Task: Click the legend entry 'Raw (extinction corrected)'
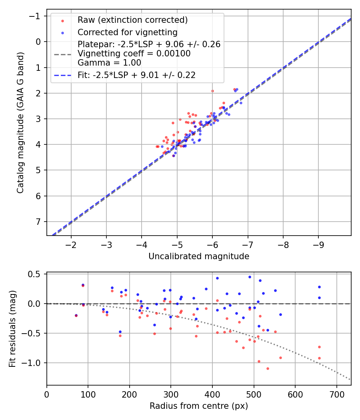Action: pos(132,20)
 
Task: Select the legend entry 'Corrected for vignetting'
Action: pos(127,32)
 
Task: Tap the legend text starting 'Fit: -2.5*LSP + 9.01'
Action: pos(136,75)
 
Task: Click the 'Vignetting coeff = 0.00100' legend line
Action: pos(134,54)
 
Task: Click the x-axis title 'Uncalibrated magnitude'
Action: pos(199,256)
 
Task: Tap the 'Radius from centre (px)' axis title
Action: pos(199,406)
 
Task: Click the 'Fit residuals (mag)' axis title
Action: pos(12,328)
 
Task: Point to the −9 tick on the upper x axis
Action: pos(318,244)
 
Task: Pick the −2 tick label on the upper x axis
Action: pos(71,244)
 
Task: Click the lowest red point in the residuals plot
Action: pos(268,368)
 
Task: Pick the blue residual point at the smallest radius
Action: pos(76,316)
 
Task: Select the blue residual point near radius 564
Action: pos(280,314)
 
